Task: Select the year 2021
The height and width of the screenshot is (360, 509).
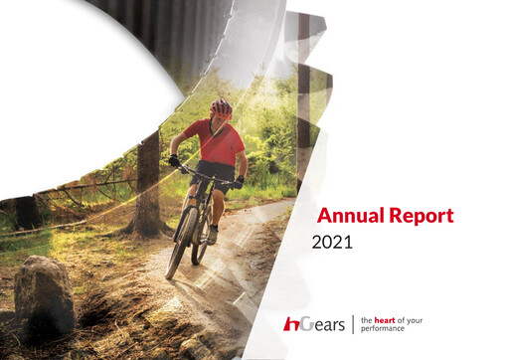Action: tap(332, 242)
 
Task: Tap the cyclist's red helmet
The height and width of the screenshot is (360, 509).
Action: tap(221, 105)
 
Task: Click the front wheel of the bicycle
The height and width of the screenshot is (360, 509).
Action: tap(182, 244)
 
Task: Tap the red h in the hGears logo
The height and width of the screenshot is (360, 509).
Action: tap(290, 324)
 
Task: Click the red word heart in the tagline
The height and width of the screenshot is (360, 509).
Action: tap(386, 318)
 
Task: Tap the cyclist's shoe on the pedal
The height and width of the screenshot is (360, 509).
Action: tap(212, 236)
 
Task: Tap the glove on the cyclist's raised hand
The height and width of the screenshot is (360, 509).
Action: tap(175, 160)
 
